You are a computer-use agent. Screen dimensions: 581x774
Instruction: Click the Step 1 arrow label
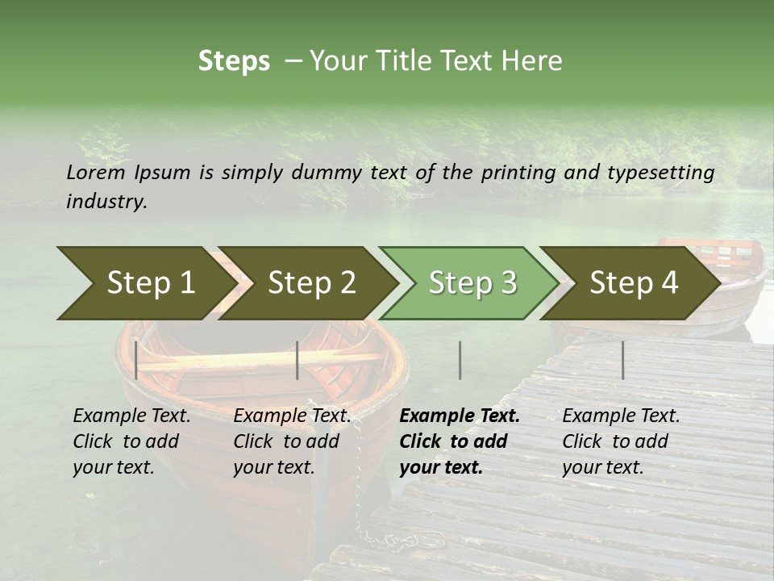(151, 282)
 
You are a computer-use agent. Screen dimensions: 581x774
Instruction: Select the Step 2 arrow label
(312, 282)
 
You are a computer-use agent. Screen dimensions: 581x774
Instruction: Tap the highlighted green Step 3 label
(473, 282)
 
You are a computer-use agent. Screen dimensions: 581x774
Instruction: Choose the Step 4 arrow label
(635, 282)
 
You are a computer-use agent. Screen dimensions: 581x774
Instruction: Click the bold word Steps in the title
(234, 61)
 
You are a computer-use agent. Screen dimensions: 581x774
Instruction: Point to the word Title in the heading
(398, 61)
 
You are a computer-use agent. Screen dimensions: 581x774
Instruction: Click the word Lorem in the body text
(96, 172)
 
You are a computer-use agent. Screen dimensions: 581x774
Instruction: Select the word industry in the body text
(106, 202)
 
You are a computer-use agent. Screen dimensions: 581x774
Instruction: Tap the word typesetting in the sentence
(661, 172)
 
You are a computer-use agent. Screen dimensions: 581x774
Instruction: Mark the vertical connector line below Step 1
(136, 360)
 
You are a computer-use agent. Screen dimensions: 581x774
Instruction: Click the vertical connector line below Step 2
(298, 360)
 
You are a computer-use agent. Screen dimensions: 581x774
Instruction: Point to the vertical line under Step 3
(460, 360)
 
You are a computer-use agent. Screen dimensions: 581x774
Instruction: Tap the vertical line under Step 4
(622, 360)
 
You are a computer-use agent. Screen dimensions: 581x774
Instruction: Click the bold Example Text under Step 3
(460, 416)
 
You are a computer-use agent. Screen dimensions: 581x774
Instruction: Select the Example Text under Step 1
(132, 416)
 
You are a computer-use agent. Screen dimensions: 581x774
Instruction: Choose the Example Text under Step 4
(621, 416)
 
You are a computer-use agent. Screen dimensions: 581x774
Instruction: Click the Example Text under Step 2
(293, 416)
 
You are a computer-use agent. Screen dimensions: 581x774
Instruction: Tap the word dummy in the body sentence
(327, 172)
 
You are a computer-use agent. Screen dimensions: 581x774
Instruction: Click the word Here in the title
(531, 61)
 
